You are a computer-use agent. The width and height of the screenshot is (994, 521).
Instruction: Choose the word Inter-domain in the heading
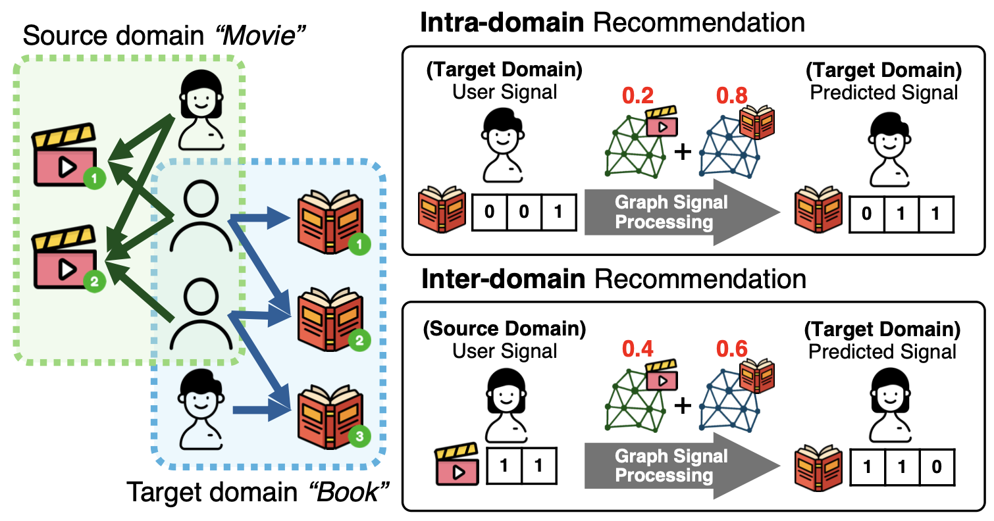[504, 279]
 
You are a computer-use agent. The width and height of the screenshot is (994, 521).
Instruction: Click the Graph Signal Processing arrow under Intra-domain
[678, 213]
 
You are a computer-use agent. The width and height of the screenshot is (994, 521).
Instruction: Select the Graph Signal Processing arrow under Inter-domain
[678, 465]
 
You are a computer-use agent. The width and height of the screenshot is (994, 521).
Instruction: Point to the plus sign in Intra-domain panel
[683, 153]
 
